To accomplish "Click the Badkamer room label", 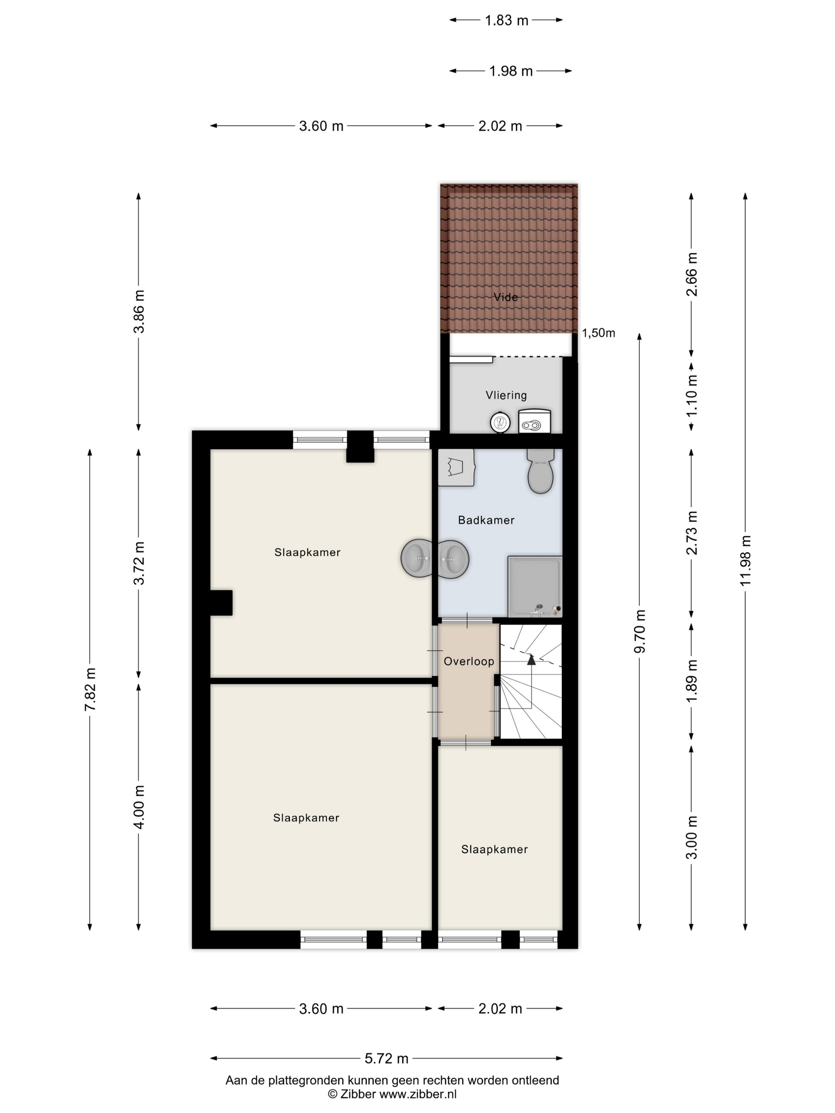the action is click(486, 520).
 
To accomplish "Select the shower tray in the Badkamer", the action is click(534, 586).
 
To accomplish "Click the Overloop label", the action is click(468, 661).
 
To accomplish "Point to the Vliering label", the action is click(506, 395).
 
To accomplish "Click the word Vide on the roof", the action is click(505, 297).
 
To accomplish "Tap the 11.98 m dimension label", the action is click(745, 560).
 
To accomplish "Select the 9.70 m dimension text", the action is click(639, 631).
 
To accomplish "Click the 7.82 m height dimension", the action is click(90, 689).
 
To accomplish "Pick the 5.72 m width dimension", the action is click(386, 1058).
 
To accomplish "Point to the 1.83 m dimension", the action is click(506, 20).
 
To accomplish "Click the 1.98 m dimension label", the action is click(511, 71).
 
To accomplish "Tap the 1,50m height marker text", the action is click(598, 333).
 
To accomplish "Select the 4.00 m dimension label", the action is click(138, 807).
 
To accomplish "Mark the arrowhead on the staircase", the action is click(531, 659).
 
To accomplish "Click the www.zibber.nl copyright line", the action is click(392, 1094).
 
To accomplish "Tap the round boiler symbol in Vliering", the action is click(500, 422).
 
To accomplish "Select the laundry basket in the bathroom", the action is click(456, 467).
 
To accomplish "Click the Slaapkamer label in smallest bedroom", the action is click(494, 849).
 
